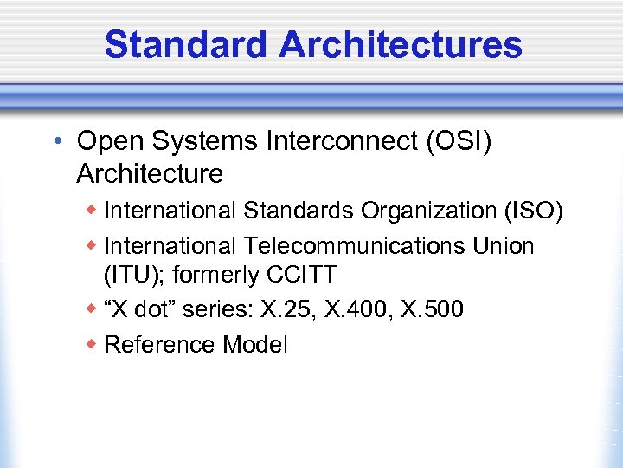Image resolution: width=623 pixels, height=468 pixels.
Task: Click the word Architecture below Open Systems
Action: point(150,173)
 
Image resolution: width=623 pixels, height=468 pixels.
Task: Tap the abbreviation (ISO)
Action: point(533,211)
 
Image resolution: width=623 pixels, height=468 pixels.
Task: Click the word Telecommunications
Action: point(351,246)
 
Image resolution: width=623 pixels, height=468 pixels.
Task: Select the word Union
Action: point(504,246)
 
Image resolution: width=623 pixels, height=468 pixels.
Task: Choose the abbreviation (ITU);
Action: point(136,276)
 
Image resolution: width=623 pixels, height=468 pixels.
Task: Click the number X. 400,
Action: point(358,309)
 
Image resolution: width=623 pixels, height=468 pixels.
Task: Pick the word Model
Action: point(255,344)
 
